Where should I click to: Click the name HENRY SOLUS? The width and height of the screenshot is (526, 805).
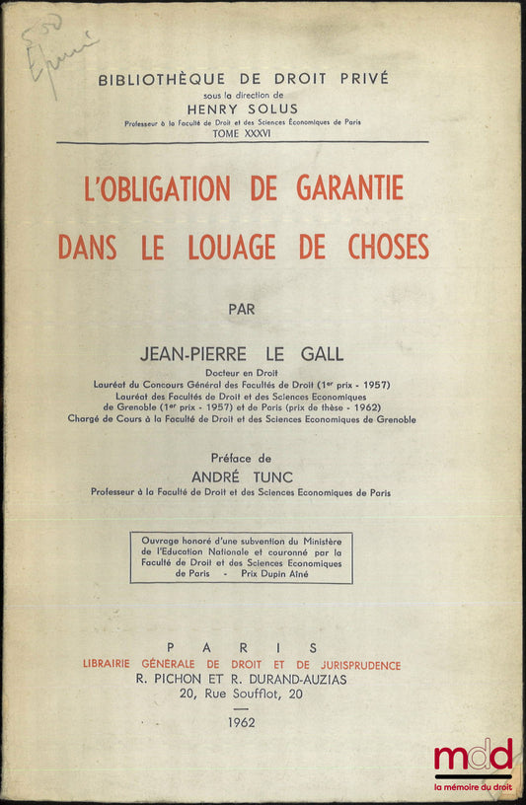pos(242,110)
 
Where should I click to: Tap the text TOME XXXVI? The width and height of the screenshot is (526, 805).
pos(242,134)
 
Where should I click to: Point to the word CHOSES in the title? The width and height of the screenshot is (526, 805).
pos(378,247)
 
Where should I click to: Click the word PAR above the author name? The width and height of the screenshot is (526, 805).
pos(242,309)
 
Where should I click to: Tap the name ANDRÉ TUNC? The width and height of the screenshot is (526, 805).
pos(242,476)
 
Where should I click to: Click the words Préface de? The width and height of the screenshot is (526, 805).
pos(242,458)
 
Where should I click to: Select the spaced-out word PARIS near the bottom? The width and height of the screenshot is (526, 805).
pos(242,647)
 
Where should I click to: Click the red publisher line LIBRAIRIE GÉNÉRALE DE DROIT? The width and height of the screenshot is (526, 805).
pos(242,665)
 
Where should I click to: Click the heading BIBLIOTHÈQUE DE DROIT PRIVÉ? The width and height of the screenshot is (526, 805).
pos(243,78)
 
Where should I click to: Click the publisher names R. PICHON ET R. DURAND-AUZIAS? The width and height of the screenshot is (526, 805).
pos(242,681)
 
